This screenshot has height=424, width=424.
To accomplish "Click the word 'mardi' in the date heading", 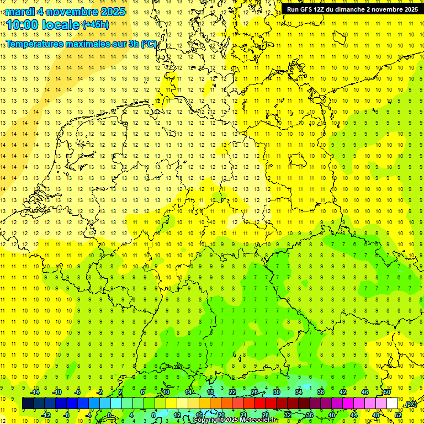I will [x=21, y=12].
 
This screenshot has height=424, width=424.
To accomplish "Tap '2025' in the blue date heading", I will [x=113, y=12].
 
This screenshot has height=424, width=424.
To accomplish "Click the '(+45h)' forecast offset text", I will [x=96, y=25].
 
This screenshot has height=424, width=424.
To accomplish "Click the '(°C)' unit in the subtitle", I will [x=149, y=44].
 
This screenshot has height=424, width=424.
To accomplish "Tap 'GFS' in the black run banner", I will [x=307, y=9].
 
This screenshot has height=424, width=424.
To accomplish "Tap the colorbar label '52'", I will [x=398, y=415].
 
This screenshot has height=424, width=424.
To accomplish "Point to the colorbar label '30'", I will [x=277, y=392].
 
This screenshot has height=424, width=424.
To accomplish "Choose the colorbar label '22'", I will [x=232, y=392].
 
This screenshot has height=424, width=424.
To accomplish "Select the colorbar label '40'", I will [x=332, y=415].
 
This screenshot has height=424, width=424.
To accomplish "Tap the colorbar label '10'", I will [x=166, y=392].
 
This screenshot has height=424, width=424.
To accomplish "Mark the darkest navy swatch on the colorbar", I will [x=28, y=404].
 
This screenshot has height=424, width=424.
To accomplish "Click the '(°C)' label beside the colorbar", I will [x=410, y=405].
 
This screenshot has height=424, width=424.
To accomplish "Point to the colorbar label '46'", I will [x=365, y=392].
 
